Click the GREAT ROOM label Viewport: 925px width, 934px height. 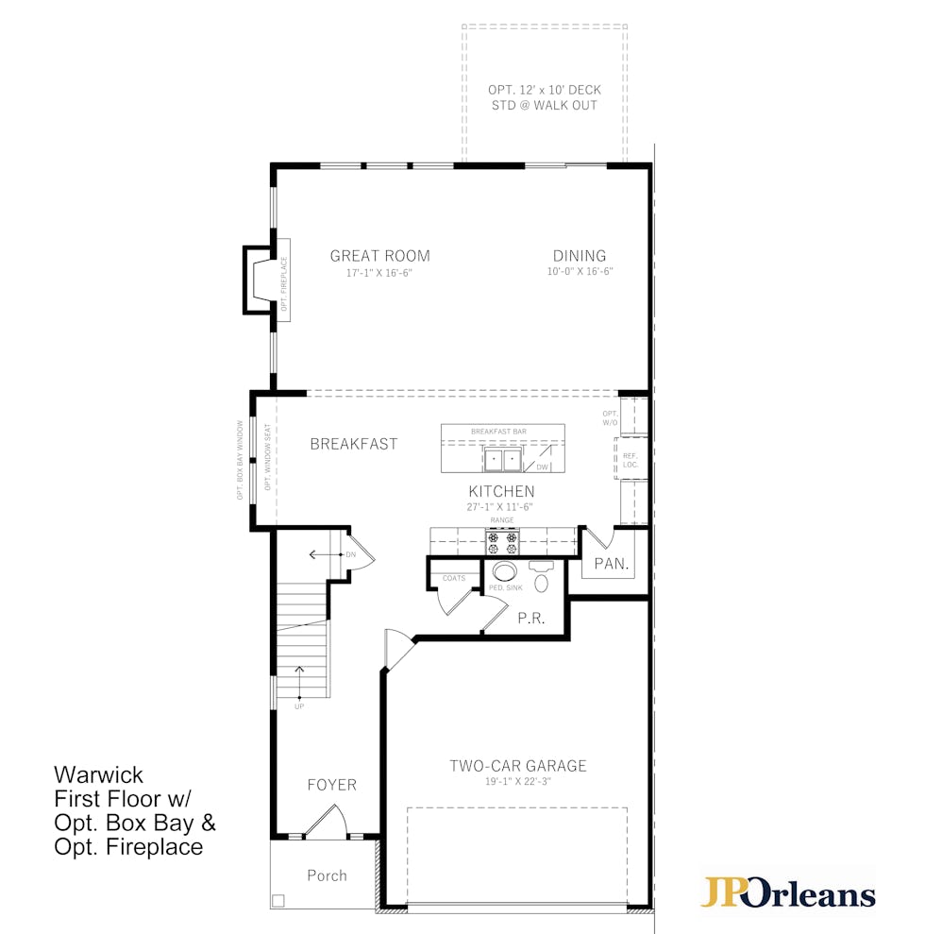[x=379, y=256]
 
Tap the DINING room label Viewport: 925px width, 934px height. [x=580, y=256]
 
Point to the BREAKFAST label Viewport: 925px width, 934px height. [x=354, y=445]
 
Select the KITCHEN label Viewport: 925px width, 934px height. [x=502, y=491]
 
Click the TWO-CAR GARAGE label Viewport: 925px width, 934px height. [x=518, y=766]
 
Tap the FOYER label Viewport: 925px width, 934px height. [x=332, y=785]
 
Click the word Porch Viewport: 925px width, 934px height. [x=327, y=875]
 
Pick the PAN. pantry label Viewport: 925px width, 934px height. [x=612, y=564]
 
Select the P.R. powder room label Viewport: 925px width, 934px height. [x=531, y=619]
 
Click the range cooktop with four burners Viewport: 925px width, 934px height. [x=502, y=542]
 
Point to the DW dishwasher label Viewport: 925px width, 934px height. [x=543, y=467]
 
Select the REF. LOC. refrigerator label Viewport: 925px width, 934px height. [x=631, y=461]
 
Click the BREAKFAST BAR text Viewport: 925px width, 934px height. [x=498, y=432]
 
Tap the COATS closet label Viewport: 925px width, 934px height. [x=454, y=578]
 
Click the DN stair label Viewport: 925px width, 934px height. [x=351, y=555]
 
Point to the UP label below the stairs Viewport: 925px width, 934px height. [x=299, y=706]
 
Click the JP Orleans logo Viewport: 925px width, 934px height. [x=787, y=892]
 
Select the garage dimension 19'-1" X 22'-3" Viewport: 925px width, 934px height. [x=518, y=782]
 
